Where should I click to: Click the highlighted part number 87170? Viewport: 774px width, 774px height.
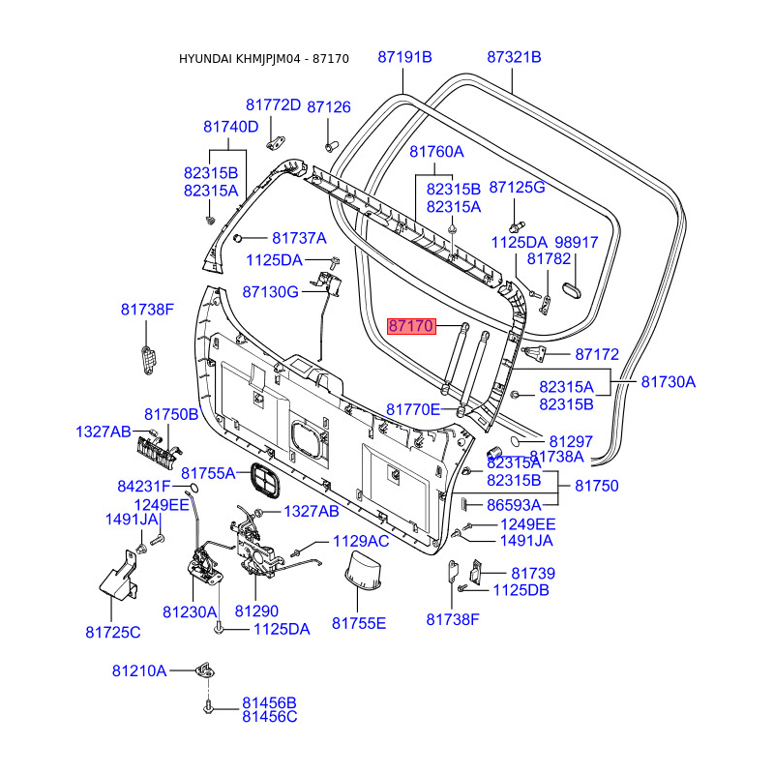[411, 326]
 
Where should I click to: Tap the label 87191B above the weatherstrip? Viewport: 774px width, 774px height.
[404, 57]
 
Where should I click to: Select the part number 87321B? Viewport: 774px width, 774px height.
[514, 57]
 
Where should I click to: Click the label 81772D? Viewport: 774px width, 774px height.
[273, 104]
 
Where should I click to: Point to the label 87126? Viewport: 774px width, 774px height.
[329, 107]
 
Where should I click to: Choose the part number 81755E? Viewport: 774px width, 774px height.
[359, 623]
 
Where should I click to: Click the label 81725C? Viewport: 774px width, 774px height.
[113, 633]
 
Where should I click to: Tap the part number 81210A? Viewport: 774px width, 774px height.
[139, 671]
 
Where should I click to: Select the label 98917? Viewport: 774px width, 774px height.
[577, 243]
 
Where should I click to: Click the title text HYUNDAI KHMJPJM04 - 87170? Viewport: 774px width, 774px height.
[263, 59]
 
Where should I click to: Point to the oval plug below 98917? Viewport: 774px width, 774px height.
[572, 291]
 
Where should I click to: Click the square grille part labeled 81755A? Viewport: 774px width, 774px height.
[264, 479]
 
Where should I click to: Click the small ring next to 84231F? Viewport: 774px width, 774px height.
[193, 488]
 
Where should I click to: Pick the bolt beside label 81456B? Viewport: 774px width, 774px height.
[208, 707]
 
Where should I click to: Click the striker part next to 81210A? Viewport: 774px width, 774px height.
[206, 670]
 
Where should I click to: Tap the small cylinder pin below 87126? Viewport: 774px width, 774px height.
[331, 147]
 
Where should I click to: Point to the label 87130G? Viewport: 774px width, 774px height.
[271, 292]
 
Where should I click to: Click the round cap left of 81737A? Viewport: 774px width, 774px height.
[237, 238]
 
